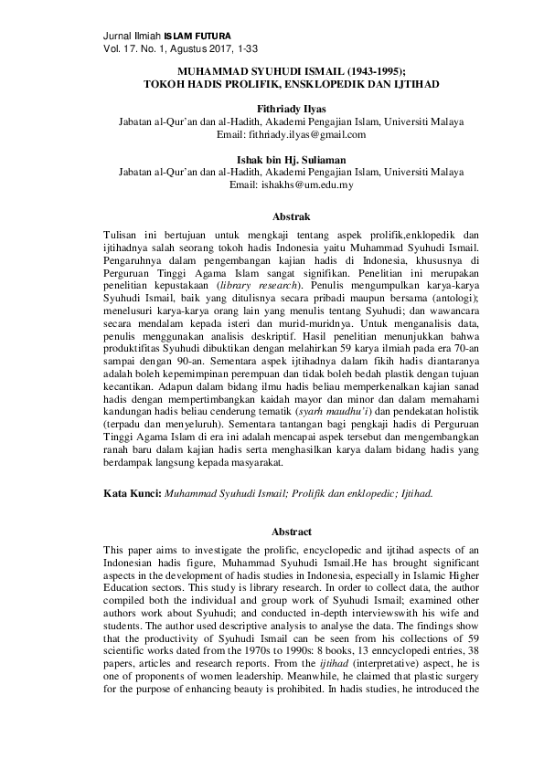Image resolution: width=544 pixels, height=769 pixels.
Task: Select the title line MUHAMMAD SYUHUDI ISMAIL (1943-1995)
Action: click(x=272, y=70)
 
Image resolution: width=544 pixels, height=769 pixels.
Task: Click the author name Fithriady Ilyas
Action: click(x=272, y=108)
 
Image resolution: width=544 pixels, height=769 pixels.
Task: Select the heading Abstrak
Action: click(x=273, y=216)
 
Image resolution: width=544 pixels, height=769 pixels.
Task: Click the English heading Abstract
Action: click(x=273, y=532)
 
